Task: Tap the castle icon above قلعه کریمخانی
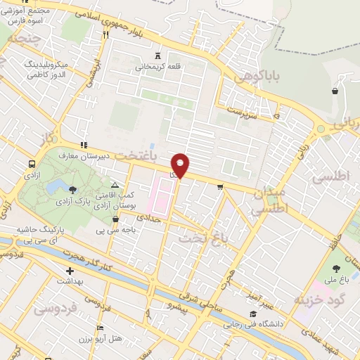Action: (x=157, y=56)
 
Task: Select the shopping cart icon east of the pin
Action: (x=220, y=186)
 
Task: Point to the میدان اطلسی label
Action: (x=268, y=200)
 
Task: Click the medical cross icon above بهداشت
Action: (x=70, y=271)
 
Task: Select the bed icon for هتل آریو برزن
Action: (x=100, y=328)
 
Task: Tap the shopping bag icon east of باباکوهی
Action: (x=335, y=91)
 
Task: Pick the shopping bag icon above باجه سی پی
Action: (x=115, y=219)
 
